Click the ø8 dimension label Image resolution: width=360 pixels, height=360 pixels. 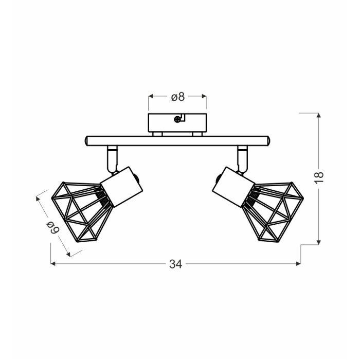click(x=178, y=97)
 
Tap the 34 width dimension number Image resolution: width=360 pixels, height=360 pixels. click(x=176, y=264)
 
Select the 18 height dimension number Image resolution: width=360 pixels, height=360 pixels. click(x=319, y=177)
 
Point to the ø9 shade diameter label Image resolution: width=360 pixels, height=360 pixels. click(x=53, y=227)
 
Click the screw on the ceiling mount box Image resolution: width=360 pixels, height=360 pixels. click(x=177, y=119)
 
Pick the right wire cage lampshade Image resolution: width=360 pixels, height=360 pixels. click(x=273, y=212)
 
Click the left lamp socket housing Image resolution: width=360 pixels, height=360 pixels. click(x=121, y=187)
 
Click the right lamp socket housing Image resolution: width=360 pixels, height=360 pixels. click(x=233, y=187)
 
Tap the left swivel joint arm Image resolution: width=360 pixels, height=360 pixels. click(x=112, y=159)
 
